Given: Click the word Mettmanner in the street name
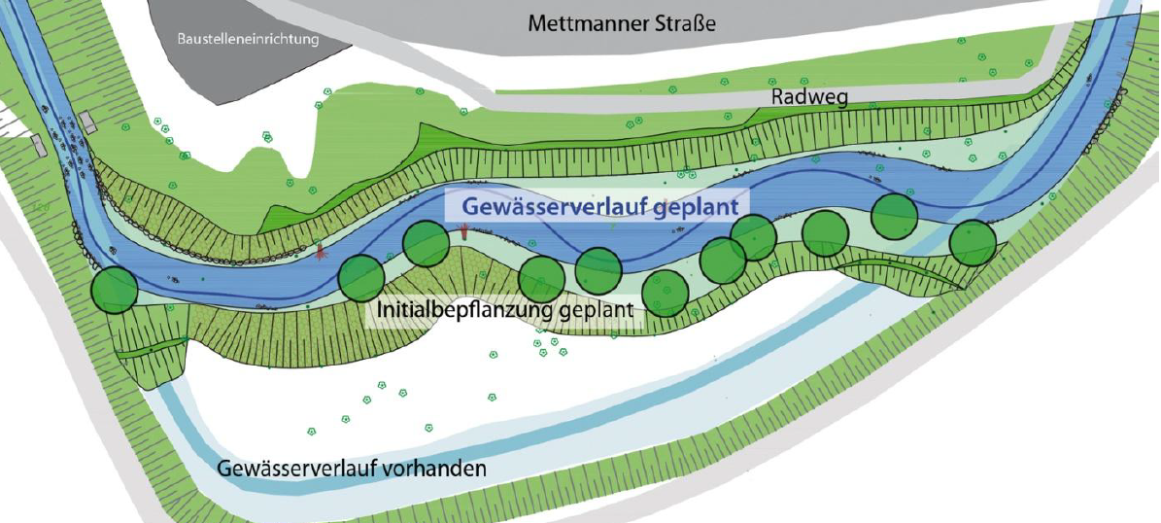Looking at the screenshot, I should click(578, 22).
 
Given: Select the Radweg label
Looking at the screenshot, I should click(810, 97).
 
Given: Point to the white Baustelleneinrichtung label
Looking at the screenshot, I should click(248, 40).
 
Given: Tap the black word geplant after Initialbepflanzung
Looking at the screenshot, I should click(597, 312).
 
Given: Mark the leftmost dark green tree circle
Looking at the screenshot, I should click(115, 289).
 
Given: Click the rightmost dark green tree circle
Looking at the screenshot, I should click(973, 242).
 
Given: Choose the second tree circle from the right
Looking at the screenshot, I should click(895, 217).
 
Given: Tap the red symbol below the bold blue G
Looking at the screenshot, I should click(464, 230).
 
